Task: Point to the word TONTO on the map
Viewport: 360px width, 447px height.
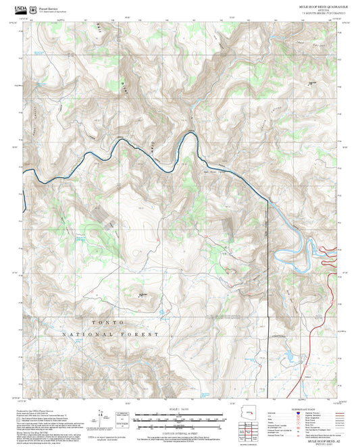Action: point(95,323)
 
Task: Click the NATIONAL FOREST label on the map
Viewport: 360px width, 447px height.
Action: point(110,334)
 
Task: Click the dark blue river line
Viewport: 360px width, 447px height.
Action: point(101,159)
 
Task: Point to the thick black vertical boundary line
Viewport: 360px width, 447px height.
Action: point(269,270)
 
